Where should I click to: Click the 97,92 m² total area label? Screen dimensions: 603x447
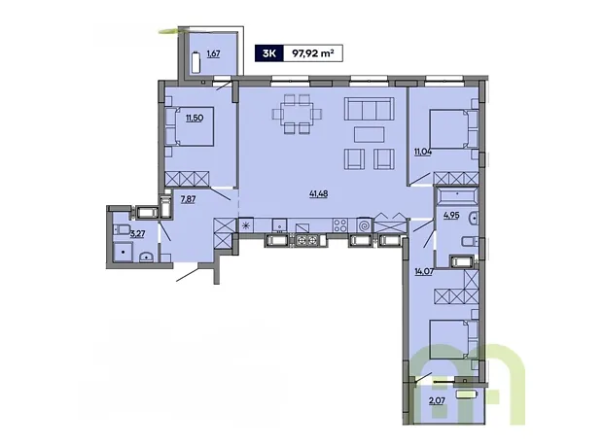(x=312, y=53)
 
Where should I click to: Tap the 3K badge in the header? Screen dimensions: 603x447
(x=269, y=53)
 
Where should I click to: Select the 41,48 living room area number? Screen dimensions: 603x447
(x=318, y=194)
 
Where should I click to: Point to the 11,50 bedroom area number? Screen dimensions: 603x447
(x=195, y=118)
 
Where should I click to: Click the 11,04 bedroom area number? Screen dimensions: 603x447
(x=423, y=152)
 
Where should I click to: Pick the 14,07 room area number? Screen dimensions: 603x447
(x=424, y=272)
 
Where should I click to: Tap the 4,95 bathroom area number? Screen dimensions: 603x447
(x=451, y=215)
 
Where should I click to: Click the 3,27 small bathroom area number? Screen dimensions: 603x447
(x=137, y=233)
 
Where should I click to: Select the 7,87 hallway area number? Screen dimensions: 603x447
(x=188, y=198)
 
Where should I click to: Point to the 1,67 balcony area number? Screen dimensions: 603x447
(x=213, y=53)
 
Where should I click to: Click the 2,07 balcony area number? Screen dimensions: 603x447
(x=437, y=401)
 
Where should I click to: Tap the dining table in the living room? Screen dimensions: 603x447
(x=297, y=114)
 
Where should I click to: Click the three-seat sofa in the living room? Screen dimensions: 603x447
(x=370, y=109)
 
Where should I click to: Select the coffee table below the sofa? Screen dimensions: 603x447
(x=370, y=135)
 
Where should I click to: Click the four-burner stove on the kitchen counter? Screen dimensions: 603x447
(x=340, y=225)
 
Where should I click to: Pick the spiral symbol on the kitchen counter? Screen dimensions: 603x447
(x=364, y=225)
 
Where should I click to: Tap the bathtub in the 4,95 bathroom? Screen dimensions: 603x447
(x=457, y=195)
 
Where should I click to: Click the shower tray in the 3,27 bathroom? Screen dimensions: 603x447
(x=123, y=252)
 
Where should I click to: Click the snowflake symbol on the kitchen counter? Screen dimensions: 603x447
(x=246, y=225)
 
